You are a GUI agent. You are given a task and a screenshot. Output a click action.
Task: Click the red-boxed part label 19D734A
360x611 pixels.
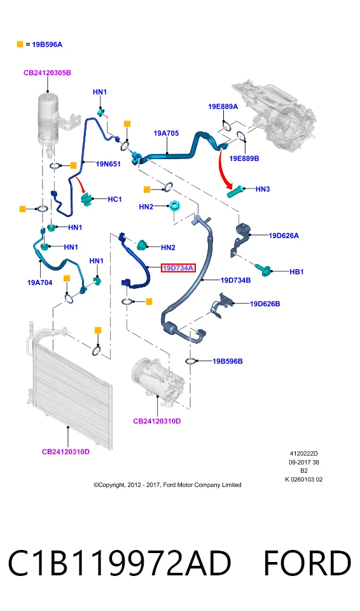(x=178, y=268)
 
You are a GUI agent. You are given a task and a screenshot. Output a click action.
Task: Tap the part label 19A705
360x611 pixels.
(x=166, y=133)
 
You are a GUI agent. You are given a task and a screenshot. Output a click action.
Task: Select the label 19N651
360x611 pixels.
(x=108, y=164)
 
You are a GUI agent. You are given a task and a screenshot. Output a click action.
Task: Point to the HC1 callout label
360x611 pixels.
(x=114, y=199)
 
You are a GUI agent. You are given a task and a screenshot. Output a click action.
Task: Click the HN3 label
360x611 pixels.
(x=263, y=189)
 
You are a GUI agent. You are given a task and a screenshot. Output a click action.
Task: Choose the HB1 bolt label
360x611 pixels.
(x=296, y=272)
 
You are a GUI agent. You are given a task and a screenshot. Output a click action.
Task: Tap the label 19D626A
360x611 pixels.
(x=284, y=235)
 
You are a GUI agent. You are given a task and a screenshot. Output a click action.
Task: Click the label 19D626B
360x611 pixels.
(x=265, y=304)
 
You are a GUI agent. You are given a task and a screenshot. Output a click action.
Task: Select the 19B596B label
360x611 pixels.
(x=228, y=362)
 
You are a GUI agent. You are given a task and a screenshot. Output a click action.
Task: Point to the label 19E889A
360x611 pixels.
(x=223, y=106)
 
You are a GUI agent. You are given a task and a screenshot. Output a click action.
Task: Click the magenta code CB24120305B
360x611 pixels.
(x=47, y=73)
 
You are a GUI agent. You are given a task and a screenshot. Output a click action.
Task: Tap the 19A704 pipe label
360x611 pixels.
(x=39, y=283)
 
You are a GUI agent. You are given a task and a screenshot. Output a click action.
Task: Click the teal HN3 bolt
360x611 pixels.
(x=235, y=192)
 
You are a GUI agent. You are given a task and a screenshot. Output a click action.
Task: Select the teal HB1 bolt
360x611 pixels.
(x=264, y=270)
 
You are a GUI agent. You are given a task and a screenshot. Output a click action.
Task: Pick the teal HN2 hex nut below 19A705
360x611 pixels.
(x=174, y=206)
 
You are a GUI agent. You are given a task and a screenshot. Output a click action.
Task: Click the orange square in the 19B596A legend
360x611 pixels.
(x=20, y=45)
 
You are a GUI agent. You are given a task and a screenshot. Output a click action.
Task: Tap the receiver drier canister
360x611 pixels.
(x=50, y=120)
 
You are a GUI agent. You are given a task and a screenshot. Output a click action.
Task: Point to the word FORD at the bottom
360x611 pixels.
(x=307, y=563)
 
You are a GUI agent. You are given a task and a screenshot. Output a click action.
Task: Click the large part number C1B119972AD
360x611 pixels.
(x=120, y=563)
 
